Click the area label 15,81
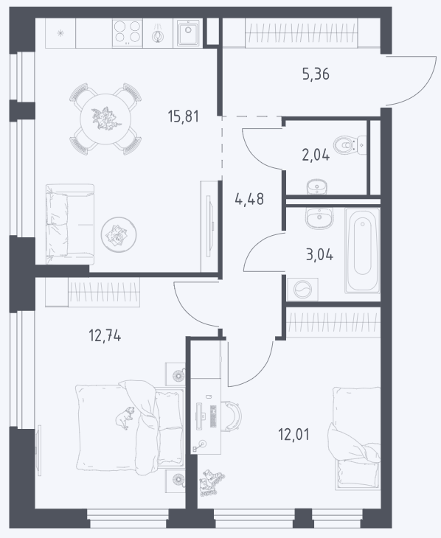click(184, 116)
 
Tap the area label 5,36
click(316, 74)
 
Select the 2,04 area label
click(316, 156)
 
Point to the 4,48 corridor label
click(249, 199)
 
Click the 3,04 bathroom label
click(319, 255)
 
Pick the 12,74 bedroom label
click(105, 335)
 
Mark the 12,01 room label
click(294, 434)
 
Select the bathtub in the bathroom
click(362, 251)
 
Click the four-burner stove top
click(127, 32)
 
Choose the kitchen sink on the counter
click(188, 32)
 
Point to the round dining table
click(105, 119)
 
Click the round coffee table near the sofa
click(119, 234)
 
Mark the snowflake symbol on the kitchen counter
click(60, 33)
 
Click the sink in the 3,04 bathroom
click(319, 219)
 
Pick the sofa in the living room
click(70, 224)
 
